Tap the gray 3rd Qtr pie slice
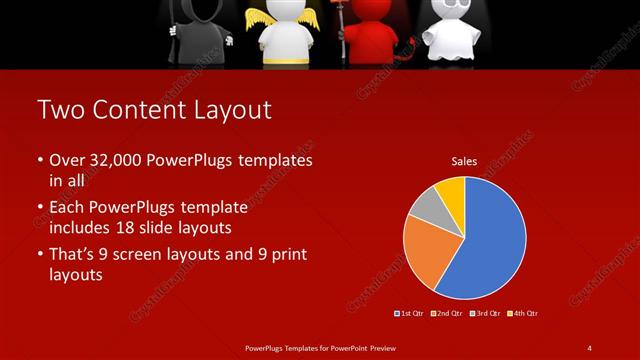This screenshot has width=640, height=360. (425, 206)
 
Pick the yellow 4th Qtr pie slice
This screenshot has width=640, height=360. (451, 190)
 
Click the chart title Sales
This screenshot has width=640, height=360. (464, 160)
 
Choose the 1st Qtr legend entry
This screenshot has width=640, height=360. (410, 313)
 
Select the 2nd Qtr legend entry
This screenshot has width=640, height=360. (447, 313)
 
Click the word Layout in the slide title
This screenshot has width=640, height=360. (227, 110)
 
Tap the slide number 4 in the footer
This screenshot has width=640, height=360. (589, 347)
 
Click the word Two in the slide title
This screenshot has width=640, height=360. (58, 110)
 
